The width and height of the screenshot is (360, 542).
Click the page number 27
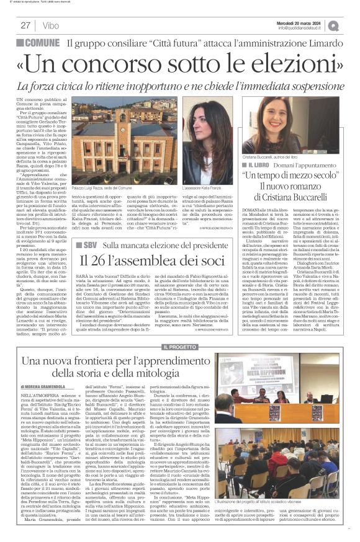coord(25,25)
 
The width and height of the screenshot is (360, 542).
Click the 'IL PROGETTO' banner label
coord(180,347)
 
